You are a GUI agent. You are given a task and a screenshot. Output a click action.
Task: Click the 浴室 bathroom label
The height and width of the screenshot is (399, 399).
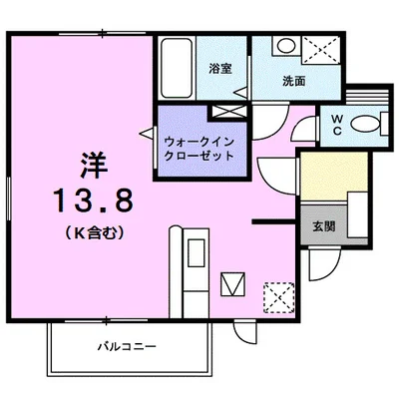[x=220, y=69]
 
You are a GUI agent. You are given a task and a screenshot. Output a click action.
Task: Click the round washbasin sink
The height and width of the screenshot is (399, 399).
[x=283, y=46]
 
